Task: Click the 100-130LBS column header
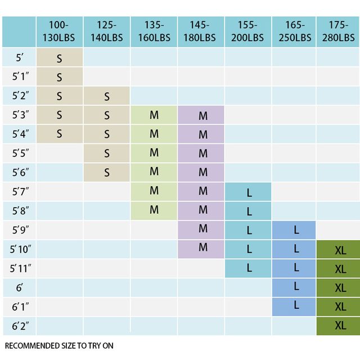[x=59, y=31]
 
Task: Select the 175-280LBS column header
[x=339, y=31]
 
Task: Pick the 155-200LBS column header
[x=247, y=31]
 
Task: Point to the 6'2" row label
[x=20, y=326]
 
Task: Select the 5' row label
[x=20, y=57]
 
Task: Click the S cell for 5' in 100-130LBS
[x=59, y=57]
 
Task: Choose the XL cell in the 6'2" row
[x=340, y=326]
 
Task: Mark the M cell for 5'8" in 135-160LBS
[x=154, y=210]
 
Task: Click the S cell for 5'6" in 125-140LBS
[x=107, y=173]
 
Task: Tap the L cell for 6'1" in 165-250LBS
[x=296, y=305]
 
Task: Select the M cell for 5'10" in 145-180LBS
[x=203, y=248]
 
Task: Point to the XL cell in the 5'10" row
[x=340, y=250]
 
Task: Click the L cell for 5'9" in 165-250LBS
[x=296, y=231]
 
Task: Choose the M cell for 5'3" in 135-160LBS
[x=154, y=115]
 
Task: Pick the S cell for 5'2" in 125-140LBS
[x=107, y=96]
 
